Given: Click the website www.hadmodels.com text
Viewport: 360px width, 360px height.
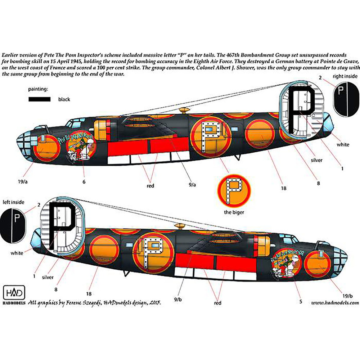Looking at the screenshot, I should click(334, 303).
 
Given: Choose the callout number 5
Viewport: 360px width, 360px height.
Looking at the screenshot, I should click(301, 301).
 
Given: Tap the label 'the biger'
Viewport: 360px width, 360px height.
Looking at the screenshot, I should click(234, 212).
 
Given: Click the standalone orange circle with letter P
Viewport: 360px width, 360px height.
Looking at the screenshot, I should click(234, 189).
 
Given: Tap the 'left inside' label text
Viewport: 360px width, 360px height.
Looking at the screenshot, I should click(13, 202).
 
